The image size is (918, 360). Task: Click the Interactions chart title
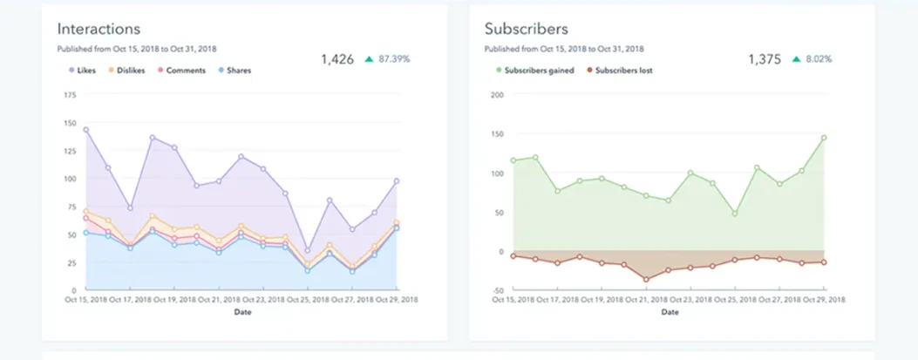[x=99, y=30]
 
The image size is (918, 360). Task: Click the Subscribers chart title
[x=526, y=30]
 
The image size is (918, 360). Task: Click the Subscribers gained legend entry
[x=534, y=71]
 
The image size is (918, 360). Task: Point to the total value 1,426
[x=337, y=59]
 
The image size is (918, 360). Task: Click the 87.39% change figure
[x=394, y=59]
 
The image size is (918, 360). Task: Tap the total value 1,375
[x=765, y=59]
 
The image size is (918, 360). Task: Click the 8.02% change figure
[x=818, y=59]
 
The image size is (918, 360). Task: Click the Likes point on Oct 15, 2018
[x=85, y=130]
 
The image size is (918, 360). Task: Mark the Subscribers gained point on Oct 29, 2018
[x=823, y=138]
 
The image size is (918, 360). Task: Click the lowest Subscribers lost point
[x=646, y=280]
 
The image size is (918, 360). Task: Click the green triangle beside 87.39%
[x=370, y=59]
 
